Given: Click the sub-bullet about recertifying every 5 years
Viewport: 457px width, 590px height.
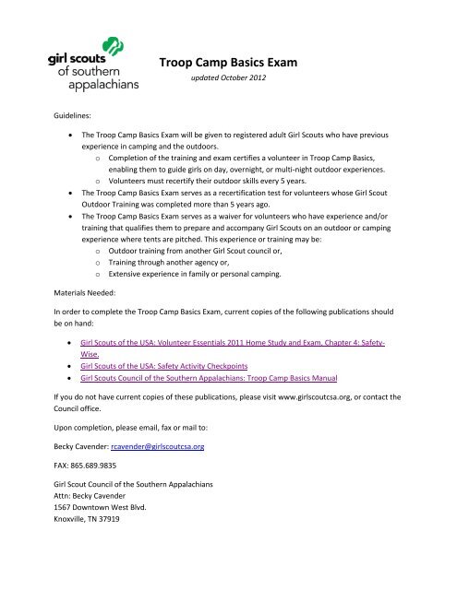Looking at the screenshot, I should (209, 195).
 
